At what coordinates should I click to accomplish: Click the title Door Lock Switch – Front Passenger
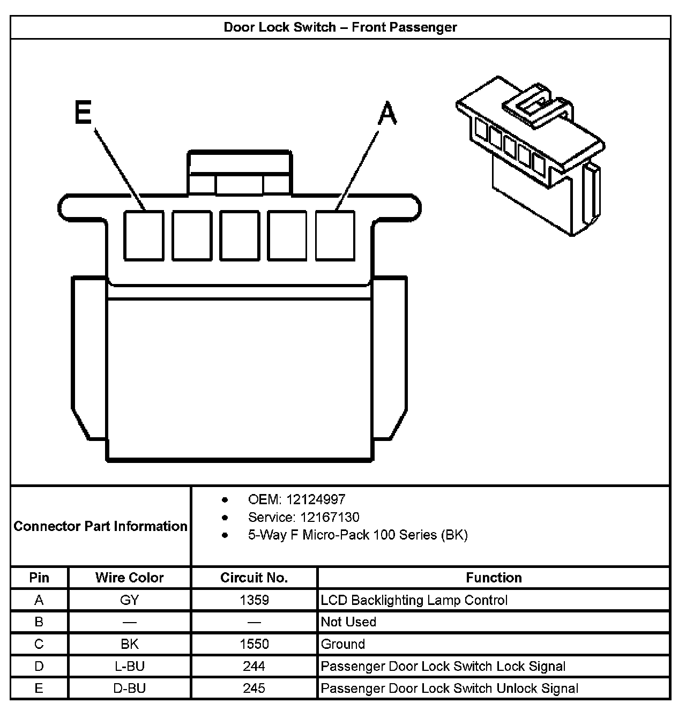click(340, 27)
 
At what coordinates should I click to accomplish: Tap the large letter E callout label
click(83, 113)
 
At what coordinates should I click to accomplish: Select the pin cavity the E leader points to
click(144, 236)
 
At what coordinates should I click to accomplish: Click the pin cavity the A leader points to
click(335, 236)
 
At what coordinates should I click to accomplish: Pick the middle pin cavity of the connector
click(240, 236)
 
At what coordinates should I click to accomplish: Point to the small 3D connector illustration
click(531, 155)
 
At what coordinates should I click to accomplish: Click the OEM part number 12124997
click(296, 499)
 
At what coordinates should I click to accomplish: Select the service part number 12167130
click(303, 517)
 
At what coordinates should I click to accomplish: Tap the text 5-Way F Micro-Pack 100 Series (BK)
click(357, 535)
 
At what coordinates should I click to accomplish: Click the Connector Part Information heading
click(101, 526)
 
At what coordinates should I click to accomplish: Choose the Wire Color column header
click(129, 578)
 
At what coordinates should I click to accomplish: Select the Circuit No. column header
click(254, 578)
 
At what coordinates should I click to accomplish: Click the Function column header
click(494, 578)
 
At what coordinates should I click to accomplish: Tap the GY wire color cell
click(129, 600)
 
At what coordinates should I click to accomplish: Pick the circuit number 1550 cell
click(254, 644)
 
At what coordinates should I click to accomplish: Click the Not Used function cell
click(348, 622)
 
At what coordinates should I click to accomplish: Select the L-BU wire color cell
click(129, 666)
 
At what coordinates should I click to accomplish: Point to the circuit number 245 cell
click(254, 688)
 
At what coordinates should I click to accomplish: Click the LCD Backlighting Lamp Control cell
click(414, 600)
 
